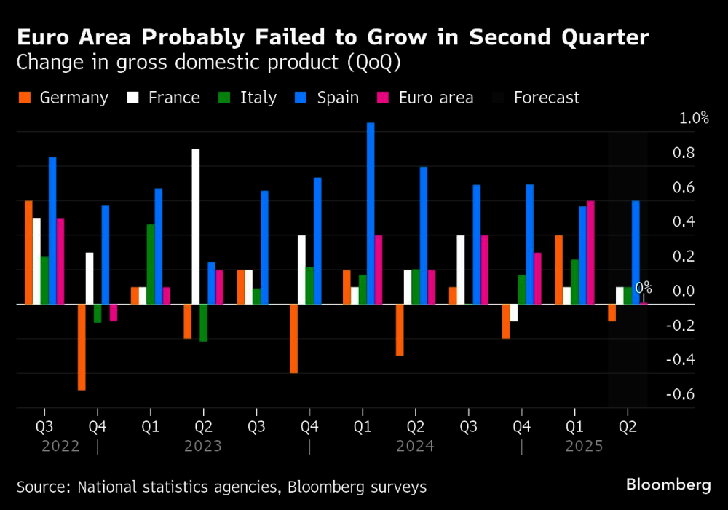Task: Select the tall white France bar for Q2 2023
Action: point(195,226)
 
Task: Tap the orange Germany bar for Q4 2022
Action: point(82,347)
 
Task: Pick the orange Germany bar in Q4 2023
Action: point(293,338)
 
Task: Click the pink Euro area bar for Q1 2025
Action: point(590,252)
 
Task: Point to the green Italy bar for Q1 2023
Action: point(150,264)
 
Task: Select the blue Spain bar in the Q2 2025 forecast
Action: point(636,252)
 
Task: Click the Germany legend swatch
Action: point(25,98)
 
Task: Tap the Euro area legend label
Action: point(436,98)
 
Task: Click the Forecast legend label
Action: point(547,98)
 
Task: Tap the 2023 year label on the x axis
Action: point(202,446)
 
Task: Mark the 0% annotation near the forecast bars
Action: point(644,289)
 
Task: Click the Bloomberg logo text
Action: point(668,484)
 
